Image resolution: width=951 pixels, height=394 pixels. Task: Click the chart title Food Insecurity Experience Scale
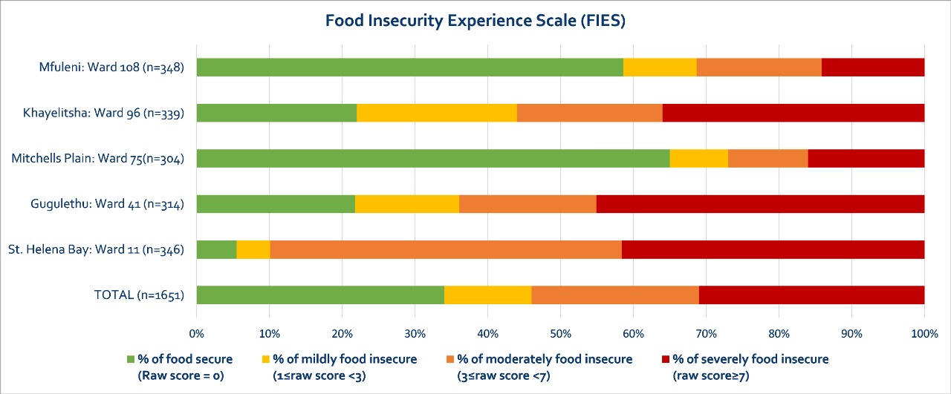[475, 21]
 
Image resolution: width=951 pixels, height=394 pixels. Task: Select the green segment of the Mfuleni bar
[409, 68]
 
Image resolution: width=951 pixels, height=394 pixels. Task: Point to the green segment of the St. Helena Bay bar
[216, 249]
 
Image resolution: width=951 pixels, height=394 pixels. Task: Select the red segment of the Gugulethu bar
[760, 204]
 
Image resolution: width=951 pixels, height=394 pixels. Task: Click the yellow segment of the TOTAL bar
[487, 295]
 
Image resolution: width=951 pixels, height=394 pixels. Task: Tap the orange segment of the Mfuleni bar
[759, 68]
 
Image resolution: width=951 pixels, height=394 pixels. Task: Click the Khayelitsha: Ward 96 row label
[103, 113]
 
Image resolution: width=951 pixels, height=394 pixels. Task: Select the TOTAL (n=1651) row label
[139, 295]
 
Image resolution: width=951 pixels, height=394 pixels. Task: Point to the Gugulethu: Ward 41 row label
[107, 204]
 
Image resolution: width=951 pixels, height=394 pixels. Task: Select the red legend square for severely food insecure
[666, 360]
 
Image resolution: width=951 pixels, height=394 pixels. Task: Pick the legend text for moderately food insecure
[545, 367]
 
